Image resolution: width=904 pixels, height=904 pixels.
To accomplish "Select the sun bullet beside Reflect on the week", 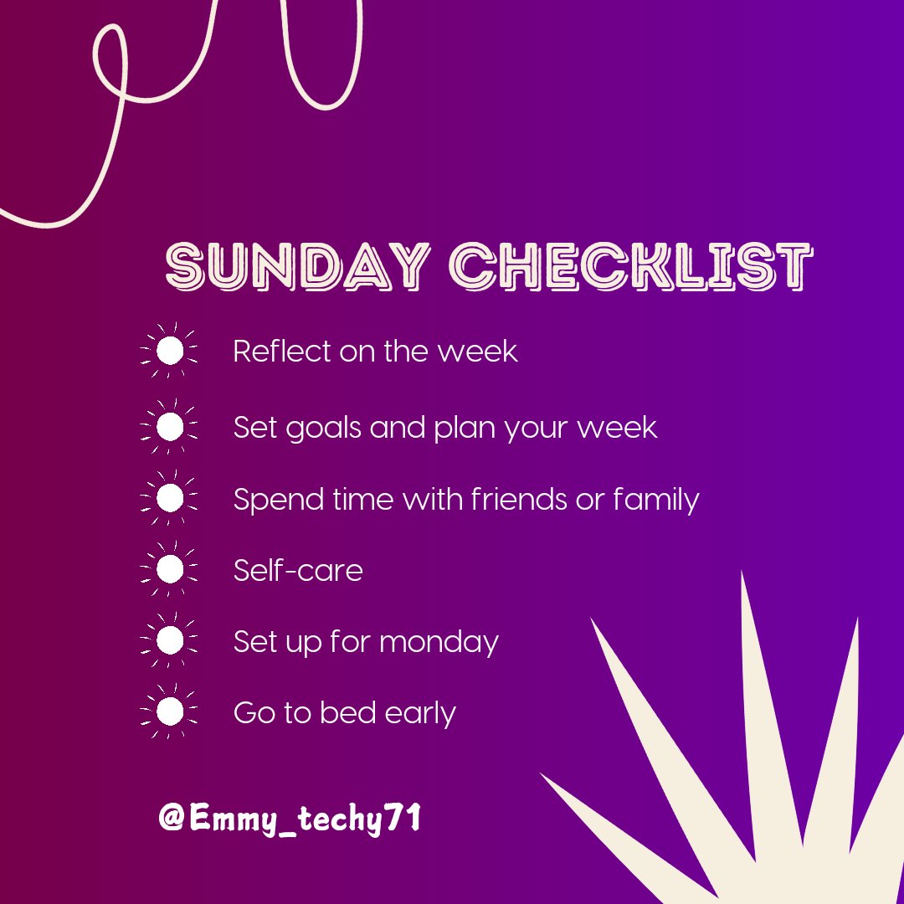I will click(x=170, y=351).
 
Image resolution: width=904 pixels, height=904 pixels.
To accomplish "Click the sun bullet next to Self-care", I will click(x=170, y=570).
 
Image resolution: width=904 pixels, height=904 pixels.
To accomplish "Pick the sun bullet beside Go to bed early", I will click(x=170, y=712).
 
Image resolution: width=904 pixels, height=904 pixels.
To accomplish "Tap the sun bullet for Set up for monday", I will click(x=170, y=641).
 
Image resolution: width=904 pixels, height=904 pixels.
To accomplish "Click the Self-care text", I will click(x=298, y=571).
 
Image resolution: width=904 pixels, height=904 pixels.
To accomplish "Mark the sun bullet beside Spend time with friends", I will click(x=170, y=499).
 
